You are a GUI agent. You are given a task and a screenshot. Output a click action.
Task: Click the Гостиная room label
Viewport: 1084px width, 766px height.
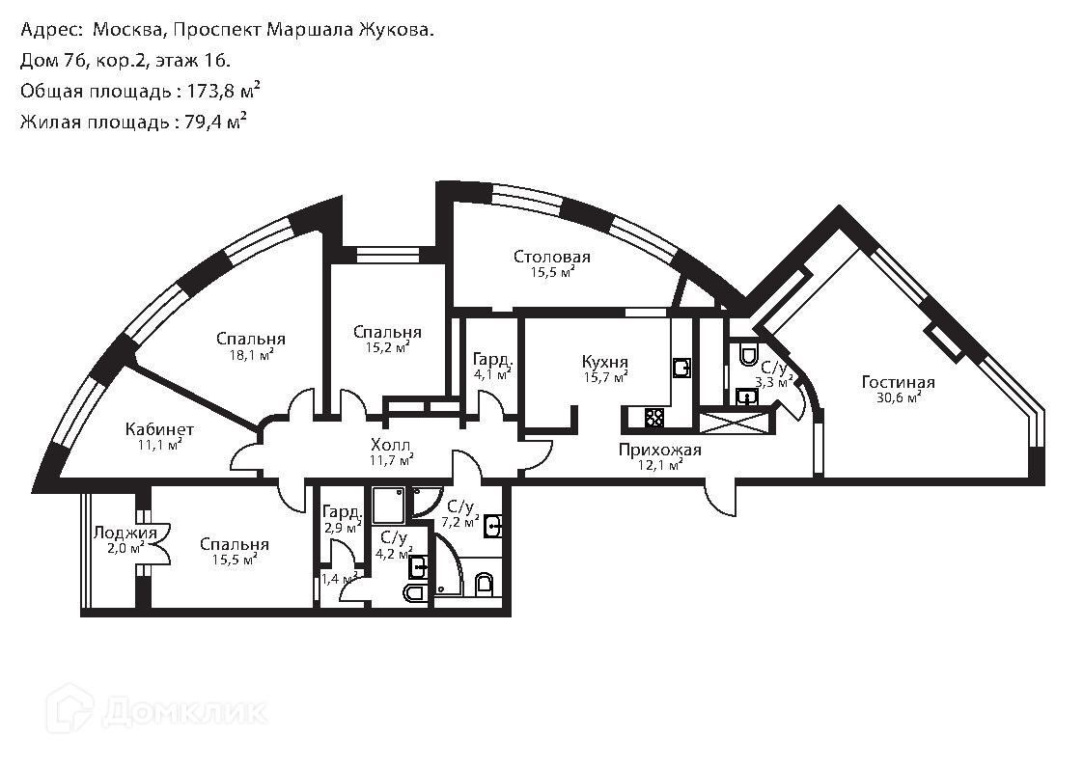tap(898, 383)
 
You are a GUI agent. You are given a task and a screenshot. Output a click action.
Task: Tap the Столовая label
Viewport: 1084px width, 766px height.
tap(551, 257)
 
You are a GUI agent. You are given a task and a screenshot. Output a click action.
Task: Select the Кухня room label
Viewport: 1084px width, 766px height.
tap(605, 362)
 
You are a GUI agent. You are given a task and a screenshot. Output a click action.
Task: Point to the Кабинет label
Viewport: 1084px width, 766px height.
tap(159, 429)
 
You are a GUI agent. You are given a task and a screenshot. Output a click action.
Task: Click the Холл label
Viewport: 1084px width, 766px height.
tap(391, 445)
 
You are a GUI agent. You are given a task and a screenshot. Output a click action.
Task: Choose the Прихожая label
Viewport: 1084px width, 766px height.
tap(660, 450)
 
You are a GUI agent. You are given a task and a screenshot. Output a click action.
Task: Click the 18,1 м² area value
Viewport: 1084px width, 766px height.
tap(251, 354)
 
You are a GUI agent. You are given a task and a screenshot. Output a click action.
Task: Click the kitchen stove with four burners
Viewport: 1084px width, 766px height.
tap(653, 418)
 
